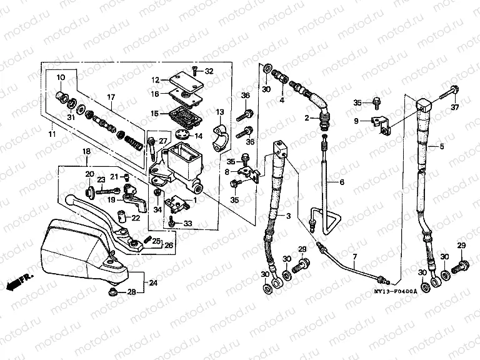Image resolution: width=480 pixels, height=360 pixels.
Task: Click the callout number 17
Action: (x=110, y=97)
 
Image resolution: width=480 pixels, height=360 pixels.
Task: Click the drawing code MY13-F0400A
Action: (x=398, y=292)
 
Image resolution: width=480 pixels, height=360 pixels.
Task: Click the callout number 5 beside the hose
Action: (x=441, y=147)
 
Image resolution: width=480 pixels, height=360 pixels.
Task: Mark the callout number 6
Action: (x=342, y=182)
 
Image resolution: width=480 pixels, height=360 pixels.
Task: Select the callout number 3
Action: (x=288, y=216)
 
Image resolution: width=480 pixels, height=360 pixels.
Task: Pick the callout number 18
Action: (x=87, y=152)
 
